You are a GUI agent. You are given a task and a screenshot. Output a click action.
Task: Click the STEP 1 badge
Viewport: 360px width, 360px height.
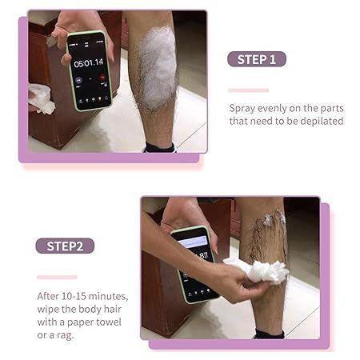pos(256,59)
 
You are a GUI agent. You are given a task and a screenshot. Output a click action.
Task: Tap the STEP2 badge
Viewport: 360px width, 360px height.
pos(65,246)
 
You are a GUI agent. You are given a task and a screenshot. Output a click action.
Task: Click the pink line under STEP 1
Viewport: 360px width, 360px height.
pos(248,90)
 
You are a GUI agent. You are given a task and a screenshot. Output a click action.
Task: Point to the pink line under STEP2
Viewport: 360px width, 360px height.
pos(57,277)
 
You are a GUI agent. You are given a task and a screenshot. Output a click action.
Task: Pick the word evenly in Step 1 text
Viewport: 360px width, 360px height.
pos(278,107)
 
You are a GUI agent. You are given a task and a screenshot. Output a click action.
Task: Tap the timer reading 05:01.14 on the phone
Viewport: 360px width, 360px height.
pos(88,62)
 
